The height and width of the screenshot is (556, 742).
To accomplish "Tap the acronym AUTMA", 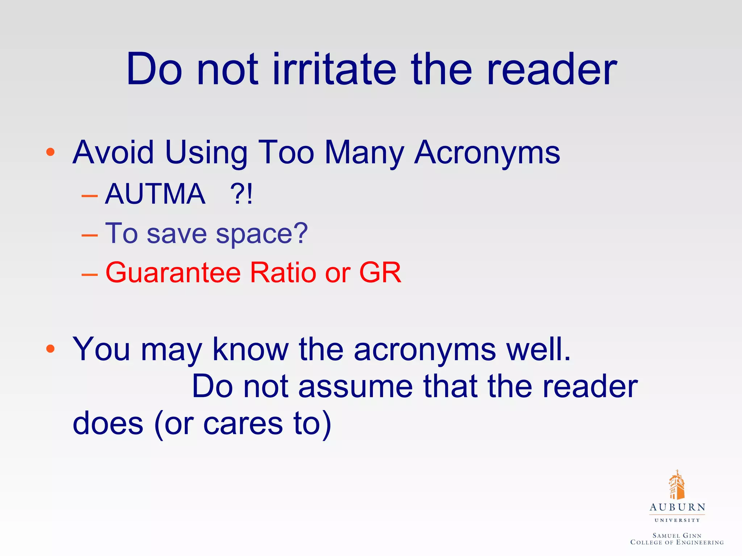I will [x=155, y=194].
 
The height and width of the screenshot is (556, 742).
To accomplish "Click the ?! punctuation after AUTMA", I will [x=241, y=194].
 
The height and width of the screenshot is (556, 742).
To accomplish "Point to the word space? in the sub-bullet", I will [x=262, y=234].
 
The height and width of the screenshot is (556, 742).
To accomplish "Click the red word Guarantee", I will [x=173, y=272].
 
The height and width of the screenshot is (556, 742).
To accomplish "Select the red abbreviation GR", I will [x=380, y=272].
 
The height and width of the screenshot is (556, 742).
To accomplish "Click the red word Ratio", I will [x=283, y=272].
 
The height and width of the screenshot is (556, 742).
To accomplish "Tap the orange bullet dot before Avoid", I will [x=50, y=152].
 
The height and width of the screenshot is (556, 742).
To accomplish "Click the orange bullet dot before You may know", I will [x=50, y=349].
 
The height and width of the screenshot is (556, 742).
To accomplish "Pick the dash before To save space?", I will [x=89, y=235].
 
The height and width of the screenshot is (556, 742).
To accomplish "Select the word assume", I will [x=355, y=387].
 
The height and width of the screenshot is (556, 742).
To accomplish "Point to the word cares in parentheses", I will [x=243, y=424].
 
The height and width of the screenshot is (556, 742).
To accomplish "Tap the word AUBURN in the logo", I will [x=677, y=507].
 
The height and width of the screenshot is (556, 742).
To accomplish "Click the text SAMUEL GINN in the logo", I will [x=677, y=535].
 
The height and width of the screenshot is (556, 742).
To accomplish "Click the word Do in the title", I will [x=154, y=69].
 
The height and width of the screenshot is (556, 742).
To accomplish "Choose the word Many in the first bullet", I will [x=364, y=153].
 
